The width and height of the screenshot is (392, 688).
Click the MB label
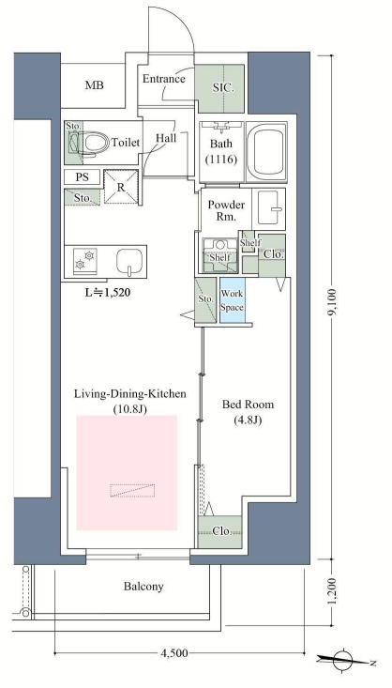click(x=95, y=85)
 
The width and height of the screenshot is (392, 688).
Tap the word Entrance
click(x=164, y=79)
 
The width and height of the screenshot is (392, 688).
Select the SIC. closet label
click(x=223, y=87)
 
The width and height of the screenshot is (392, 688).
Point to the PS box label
click(x=82, y=177)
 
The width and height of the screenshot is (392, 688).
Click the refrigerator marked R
click(x=121, y=187)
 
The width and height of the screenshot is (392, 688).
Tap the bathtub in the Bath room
click(x=266, y=152)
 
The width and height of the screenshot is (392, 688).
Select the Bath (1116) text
click(x=221, y=151)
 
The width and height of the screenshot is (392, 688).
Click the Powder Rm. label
click(x=226, y=210)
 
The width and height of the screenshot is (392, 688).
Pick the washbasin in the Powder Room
click(x=271, y=209)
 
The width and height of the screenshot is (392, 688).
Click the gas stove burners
click(x=85, y=260)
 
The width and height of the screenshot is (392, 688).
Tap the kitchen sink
click(x=129, y=262)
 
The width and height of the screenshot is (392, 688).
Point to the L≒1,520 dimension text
click(x=108, y=292)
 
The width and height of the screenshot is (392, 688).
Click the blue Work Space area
click(x=232, y=300)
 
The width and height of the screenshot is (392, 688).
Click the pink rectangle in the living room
click(x=127, y=472)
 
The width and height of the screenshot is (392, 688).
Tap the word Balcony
click(x=143, y=587)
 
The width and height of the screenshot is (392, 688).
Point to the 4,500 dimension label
click(x=174, y=653)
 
